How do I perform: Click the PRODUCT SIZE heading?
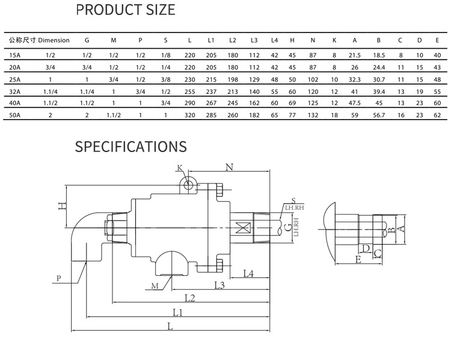coord(126,10)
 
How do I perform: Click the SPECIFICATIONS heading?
coord(130,147)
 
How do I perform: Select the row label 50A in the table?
coord(15,114)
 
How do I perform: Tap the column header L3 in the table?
coord(254,40)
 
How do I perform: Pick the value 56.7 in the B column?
coord(378,114)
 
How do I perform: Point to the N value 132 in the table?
coord(313,114)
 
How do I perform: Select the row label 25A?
coord(15,79)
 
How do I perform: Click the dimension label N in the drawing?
coord(229,167)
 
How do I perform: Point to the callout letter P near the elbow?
coord(58,278)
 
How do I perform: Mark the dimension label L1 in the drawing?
coord(177,312)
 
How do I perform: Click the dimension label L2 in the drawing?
coord(189,297)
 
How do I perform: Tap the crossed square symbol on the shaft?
coord(244,228)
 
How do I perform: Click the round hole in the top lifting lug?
coord(188,185)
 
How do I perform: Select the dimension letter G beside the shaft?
coord(289,227)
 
